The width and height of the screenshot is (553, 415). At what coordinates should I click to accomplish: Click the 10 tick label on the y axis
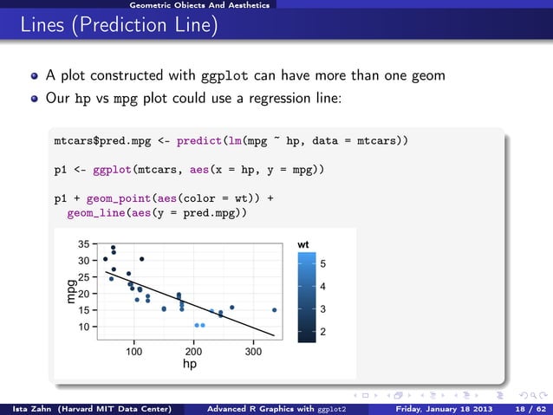[84, 327]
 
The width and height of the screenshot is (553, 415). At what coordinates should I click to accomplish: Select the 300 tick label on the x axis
[253, 353]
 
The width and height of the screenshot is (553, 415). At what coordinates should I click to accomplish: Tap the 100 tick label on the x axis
[133, 353]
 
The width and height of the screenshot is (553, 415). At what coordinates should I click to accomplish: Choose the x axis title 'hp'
[189, 365]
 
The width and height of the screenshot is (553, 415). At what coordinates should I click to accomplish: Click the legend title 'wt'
[303, 245]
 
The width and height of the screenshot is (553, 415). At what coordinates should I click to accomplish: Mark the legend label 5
[322, 263]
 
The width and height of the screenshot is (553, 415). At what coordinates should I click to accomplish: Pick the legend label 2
[322, 333]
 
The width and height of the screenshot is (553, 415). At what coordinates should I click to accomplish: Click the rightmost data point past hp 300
[274, 309]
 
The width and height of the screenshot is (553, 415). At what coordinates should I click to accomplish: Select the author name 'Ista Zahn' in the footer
[27, 408]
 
